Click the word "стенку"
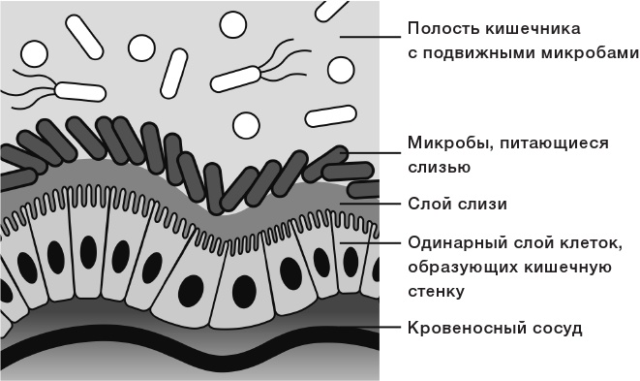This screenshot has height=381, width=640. [437, 290]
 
